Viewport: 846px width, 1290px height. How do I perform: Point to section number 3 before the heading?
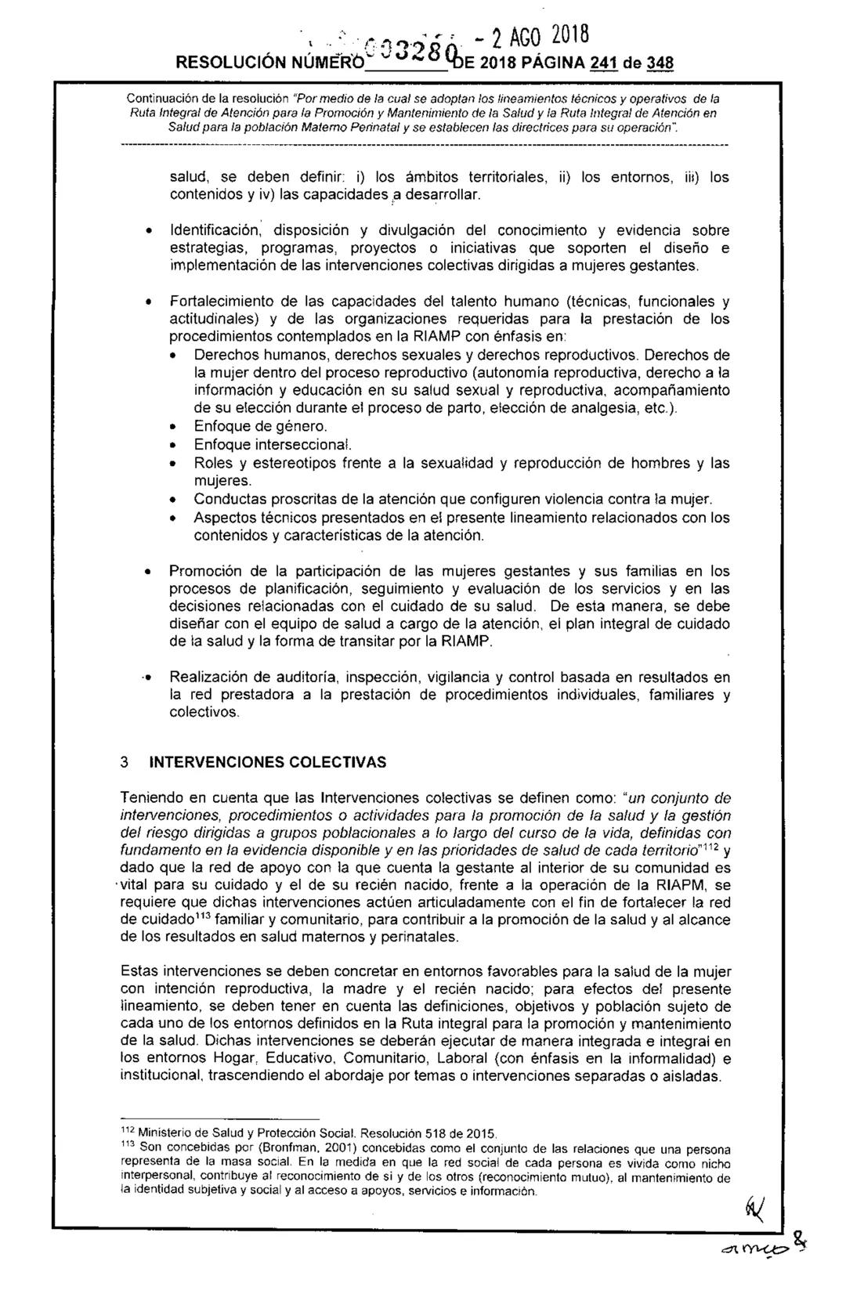click(x=124, y=762)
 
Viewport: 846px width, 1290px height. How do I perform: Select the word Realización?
click(x=208, y=677)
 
